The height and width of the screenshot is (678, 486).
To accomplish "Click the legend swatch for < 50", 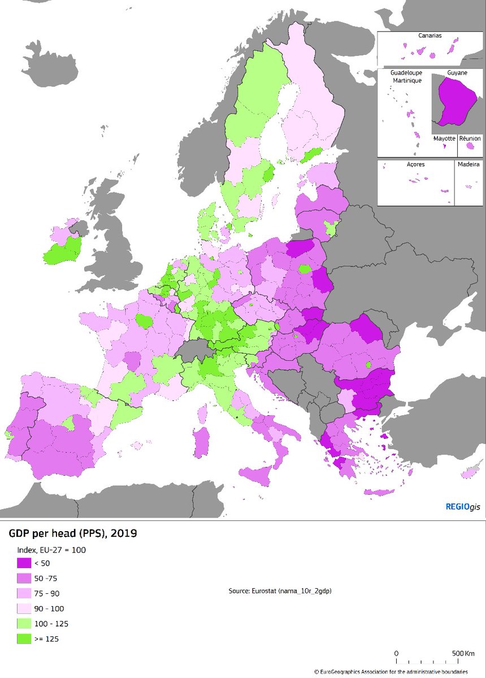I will (x=24, y=563).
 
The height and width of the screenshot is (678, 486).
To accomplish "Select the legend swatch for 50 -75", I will (x=24, y=579).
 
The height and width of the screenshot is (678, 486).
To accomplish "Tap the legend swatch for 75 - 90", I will (x=24, y=594).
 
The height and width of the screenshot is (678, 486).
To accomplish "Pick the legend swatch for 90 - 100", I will (x=24, y=609).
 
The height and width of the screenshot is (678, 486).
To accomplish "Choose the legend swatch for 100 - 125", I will (x=24, y=624).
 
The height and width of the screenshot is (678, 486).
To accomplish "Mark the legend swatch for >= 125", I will (x=24, y=639).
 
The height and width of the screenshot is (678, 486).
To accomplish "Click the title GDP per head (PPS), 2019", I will (x=72, y=533).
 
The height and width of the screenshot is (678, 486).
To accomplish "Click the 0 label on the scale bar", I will (x=396, y=654).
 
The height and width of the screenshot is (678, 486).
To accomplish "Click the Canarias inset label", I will (x=430, y=35).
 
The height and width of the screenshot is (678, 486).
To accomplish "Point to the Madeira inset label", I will (x=468, y=164).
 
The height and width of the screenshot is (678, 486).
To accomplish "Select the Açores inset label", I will (x=415, y=164).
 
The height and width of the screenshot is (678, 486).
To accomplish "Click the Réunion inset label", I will (x=470, y=138).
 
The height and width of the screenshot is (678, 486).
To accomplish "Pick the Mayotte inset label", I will (x=444, y=138).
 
